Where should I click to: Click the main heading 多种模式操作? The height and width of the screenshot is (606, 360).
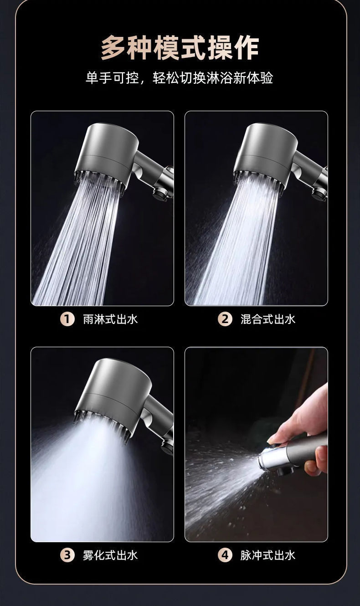[180, 48]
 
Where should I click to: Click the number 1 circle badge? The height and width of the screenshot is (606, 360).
[67, 319]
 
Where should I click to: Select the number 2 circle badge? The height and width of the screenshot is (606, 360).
[225, 319]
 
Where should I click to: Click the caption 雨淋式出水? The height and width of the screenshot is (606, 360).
[110, 319]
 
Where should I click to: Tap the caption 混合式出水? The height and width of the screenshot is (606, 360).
[268, 319]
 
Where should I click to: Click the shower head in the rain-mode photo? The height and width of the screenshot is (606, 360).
[108, 157]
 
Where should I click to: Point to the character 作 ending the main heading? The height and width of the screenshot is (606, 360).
[247, 49]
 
